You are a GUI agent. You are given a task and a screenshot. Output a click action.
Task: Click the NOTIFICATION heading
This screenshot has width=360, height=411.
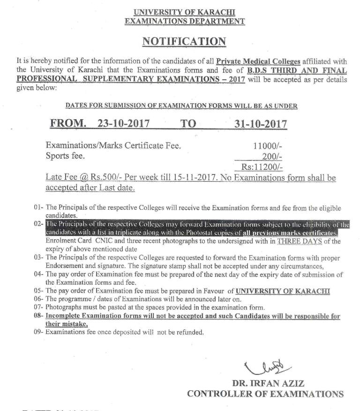coord(184,41)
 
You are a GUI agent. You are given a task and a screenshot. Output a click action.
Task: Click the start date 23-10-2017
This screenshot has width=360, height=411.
coord(124,124)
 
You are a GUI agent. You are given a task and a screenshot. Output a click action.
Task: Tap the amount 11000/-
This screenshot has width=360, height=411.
coord(267,146)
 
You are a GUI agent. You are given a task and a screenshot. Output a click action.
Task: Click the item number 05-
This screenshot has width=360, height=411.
coord(38,291)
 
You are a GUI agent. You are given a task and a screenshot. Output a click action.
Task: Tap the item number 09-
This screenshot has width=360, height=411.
coord(38,332)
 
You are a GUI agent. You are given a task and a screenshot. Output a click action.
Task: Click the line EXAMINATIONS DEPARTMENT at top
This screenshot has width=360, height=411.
coord(184,21)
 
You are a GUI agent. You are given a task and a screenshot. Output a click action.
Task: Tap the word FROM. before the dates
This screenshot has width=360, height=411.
coord(68,124)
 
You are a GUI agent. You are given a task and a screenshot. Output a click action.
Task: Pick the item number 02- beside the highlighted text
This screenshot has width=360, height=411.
coord(38,224)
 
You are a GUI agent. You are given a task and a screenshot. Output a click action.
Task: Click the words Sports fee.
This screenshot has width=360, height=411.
coord(65,156)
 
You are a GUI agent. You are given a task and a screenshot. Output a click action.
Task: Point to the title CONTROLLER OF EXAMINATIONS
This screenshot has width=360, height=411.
coord(265,394)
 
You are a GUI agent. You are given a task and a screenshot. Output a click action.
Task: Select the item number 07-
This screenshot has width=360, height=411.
coord(38,307)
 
